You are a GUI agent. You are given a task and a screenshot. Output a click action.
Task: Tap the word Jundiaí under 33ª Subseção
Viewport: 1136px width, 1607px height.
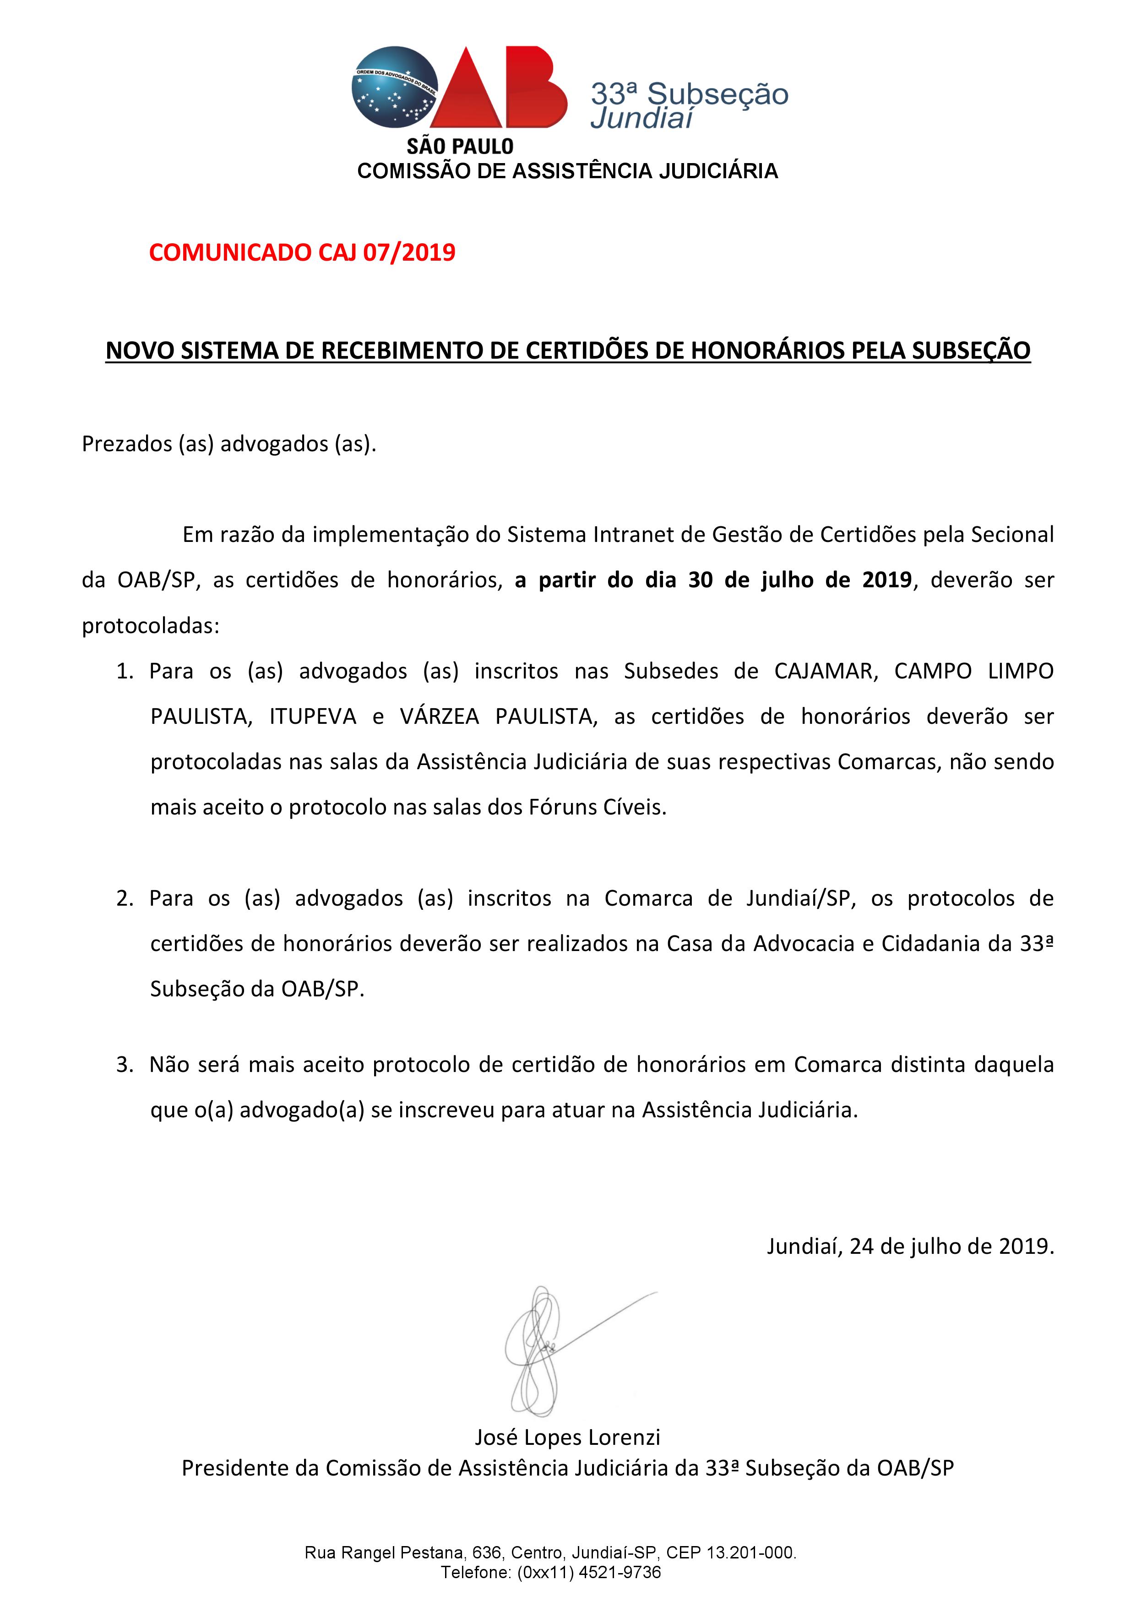click(x=641, y=118)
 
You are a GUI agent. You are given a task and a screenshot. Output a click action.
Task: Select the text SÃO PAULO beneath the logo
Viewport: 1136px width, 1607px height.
click(x=460, y=146)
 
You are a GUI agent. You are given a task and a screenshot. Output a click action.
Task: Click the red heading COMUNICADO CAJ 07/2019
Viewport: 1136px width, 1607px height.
click(x=302, y=252)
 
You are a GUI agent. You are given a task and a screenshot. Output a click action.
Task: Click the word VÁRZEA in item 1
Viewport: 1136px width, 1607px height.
click(x=439, y=717)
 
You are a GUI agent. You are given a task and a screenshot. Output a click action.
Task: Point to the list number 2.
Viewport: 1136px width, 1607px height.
click(x=125, y=899)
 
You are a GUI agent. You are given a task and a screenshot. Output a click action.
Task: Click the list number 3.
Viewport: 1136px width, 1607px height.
click(x=125, y=1065)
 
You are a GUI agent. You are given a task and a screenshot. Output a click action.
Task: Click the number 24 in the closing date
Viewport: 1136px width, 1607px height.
click(x=862, y=1246)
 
